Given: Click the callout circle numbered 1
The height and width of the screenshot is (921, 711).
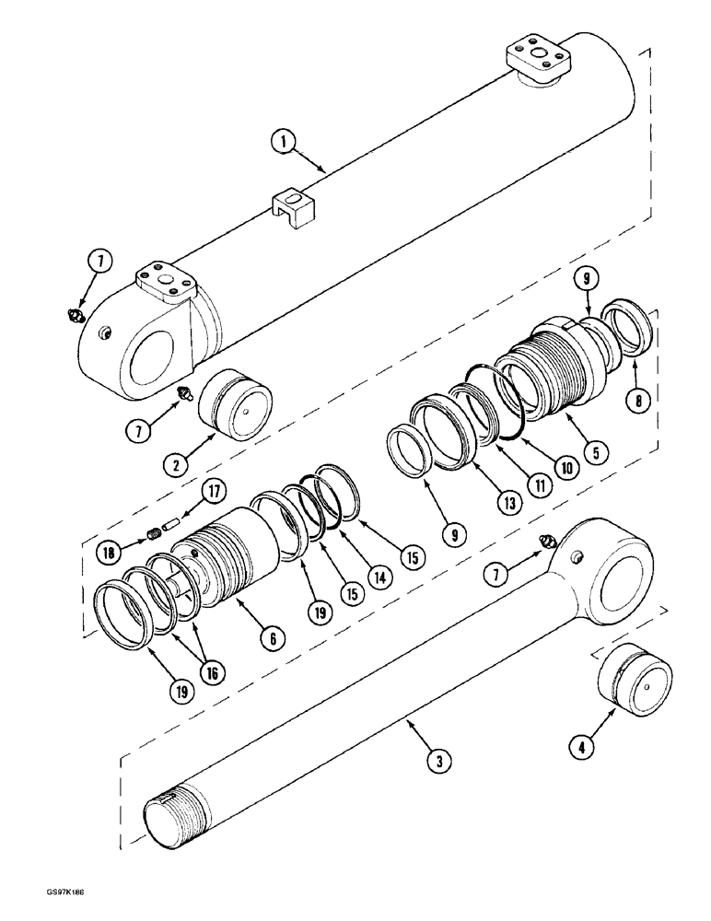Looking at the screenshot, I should (x=285, y=142).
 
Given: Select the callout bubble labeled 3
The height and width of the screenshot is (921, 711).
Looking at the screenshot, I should (x=441, y=761).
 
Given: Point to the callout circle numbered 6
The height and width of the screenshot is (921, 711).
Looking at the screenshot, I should (x=272, y=635).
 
